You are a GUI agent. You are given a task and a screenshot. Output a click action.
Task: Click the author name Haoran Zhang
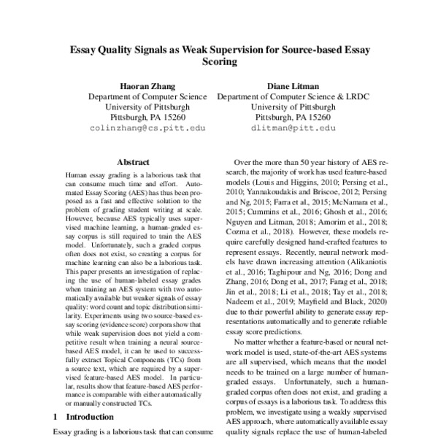click(x=147, y=85)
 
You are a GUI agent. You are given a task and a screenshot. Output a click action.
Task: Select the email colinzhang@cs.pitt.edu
click(x=147, y=127)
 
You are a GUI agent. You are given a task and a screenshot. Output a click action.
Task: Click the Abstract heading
click(x=134, y=164)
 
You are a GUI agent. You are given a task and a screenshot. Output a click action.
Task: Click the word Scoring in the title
click(x=220, y=62)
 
